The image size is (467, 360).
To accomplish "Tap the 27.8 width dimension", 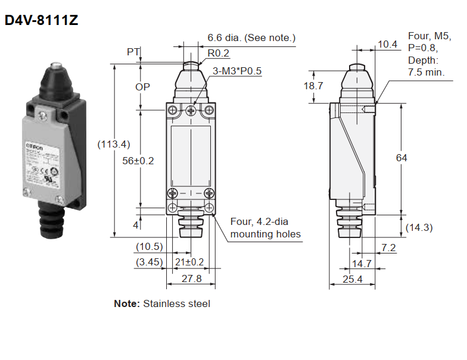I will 191,278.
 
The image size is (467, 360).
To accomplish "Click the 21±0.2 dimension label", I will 189,262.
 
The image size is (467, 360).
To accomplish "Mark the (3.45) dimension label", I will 148,262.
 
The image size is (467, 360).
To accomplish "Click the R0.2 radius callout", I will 218,53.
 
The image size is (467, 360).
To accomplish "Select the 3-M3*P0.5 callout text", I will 237,71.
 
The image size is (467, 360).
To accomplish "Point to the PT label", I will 133,52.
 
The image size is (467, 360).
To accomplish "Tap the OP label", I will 142,87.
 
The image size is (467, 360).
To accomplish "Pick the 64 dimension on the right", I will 401,158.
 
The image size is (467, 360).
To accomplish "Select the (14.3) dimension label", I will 419,227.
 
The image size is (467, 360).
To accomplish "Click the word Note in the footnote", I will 126,303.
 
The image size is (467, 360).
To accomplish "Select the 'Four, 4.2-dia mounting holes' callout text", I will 266,228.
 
